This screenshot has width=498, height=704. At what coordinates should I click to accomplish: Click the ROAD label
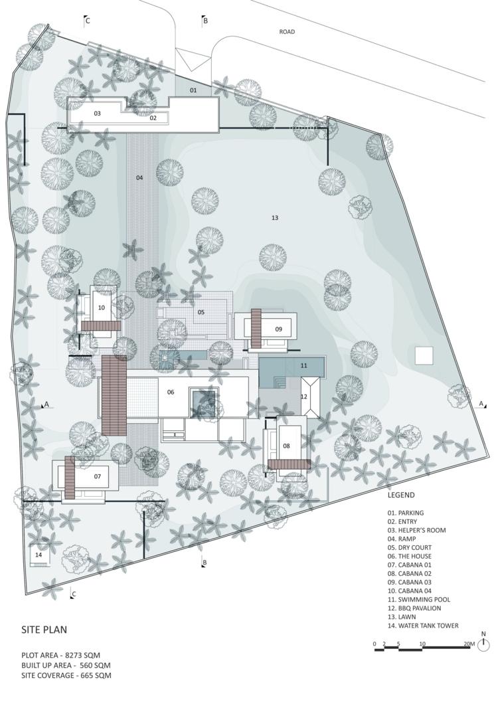pyautogui.click(x=287, y=32)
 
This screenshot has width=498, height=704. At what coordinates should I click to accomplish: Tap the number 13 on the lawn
pyautogui.click(x=275, y=218)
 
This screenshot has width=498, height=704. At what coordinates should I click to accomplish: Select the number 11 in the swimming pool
pyautogui.click(x=304, y=365)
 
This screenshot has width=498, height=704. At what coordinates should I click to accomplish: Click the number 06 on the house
pyautogui.click(x=171, y=392)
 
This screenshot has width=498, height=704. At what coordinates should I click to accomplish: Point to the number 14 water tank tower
pyautogui.click(x=39, y=555)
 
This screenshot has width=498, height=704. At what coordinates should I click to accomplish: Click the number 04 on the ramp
pyautogui.click(x=139, y=178)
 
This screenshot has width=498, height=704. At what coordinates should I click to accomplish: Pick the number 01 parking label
pyautogui.click(x=193, y=90)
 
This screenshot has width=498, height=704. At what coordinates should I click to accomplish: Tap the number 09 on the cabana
pyautogui.click(x=278, y=329)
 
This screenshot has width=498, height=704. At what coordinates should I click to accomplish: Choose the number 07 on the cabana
pyautogui.click(x=98, y=476)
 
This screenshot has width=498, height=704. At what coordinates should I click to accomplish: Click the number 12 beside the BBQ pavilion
pyautogui.click(x=304, y=396)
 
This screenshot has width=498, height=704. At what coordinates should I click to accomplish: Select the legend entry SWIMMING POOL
pyautogui.click(x=419, y=599)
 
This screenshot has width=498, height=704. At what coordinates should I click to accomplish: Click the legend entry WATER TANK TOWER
pyautogui.click(x=423, y=626)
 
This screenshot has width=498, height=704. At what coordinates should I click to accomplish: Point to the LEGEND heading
pyautogui.click(x=401, y=495)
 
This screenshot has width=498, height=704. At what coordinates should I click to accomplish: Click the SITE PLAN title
pyautogui.click(x=44, y=630)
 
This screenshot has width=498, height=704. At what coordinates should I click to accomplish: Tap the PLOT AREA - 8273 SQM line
pyautogui.click(x=60, y=655)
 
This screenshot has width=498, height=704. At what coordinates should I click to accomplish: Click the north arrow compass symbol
pyautogui.click(x=483, y=646)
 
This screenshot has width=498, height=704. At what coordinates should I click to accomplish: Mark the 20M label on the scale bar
pyautogui.click(x=469, y=644)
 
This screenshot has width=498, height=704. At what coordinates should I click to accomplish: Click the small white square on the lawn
pyautogui.click(x=424, y=355)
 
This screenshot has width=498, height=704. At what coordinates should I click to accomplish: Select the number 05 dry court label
pyautogui.click(x=201, y=312)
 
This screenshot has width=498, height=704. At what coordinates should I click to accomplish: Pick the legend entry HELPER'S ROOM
pyautogui.click(x=417, y=530)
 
